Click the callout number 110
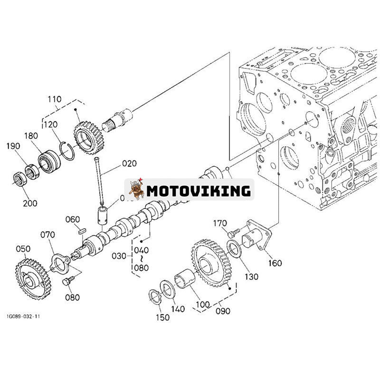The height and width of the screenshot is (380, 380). coord(54,99)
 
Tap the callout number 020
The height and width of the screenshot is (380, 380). coord(129,163)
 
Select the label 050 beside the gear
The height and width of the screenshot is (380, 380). coord(23,249)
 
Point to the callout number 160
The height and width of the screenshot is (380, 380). coord(274,263)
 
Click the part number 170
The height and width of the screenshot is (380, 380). coord(220,223)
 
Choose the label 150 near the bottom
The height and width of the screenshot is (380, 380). coord(162,317)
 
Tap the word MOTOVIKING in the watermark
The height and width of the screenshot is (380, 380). coord(198,191)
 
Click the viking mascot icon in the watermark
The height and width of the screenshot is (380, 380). coord(136,190)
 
